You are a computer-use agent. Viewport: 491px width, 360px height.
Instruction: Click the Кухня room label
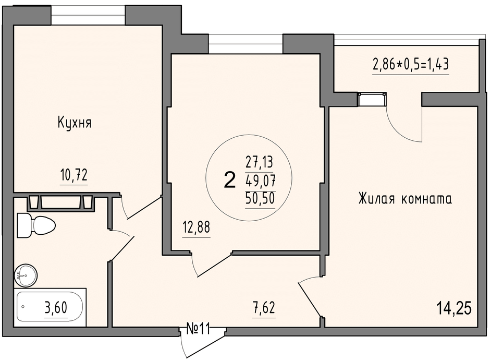tap(75, 123)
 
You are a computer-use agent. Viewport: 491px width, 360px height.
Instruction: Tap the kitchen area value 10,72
tap(73, 175)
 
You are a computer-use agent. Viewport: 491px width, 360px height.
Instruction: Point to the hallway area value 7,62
tap(264, 308)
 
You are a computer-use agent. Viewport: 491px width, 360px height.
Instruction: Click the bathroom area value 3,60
tap(56, 308)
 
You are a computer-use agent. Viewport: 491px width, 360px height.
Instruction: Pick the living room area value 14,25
tap(454, 308)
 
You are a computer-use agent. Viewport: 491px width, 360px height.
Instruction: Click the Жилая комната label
tap(405, 199)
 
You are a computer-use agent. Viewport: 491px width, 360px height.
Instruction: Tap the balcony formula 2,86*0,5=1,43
tap(411, 65)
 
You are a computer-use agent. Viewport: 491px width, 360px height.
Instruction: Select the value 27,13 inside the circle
tap(259, 162)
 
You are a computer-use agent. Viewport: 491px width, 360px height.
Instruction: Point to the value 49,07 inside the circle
tap(260, 181)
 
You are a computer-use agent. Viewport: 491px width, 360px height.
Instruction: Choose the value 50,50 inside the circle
tap(260, 198)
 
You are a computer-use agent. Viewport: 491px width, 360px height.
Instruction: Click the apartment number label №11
tap(198, 329)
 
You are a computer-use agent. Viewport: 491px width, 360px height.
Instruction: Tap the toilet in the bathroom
tap(36, 225)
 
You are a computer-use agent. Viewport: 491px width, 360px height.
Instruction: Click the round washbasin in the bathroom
tap(26, 275)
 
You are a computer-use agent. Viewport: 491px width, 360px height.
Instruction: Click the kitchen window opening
tap(88, 15)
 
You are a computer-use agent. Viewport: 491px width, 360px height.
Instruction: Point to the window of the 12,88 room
tap(245, 44)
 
